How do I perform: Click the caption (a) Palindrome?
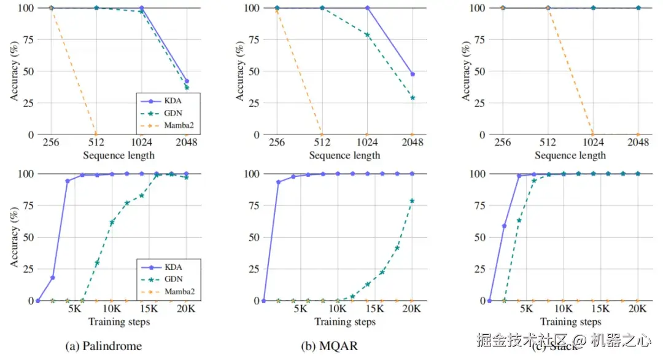pyautogui.click(x=103, y=346)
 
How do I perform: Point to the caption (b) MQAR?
pyautogui.click(x=329, y=346)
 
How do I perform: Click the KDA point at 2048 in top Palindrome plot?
pyautogui.click(x=187, y=81)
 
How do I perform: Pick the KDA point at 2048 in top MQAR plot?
pyautogui.click(x=412, y=74)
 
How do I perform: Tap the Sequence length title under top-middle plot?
pyautogui.click(x=344, y=155)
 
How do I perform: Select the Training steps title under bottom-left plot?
pyautogui.click(x=118, y=321)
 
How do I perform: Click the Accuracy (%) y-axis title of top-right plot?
pyautogui.click(x=465, y=71)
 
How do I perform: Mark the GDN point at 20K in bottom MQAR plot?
pyautogui.click(x=412, y=201)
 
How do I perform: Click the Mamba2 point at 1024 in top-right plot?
pyautogui.click(x=593, y=133)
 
